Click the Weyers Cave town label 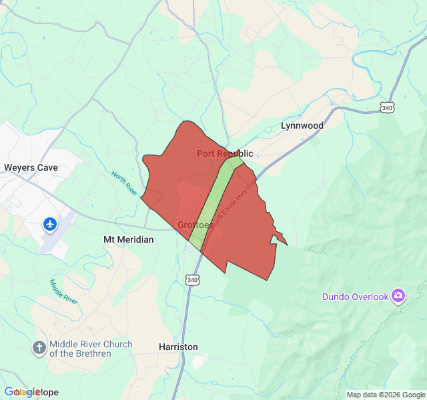coord(31,168)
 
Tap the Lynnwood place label coord(302,125)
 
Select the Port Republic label coord(225,154)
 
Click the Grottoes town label coord(195,225)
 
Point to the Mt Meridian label coord(128,239)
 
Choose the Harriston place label coord(178,347)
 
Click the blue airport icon coord(50,224)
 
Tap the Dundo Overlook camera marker coord(398,295)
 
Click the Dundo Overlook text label coord(355,297)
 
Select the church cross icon coord(39,347)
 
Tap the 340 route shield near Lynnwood coord(387,107)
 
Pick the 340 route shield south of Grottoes coord(193,280)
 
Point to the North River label coord(124,183)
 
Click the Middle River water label coord(64,292)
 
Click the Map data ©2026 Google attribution coord(385,395)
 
